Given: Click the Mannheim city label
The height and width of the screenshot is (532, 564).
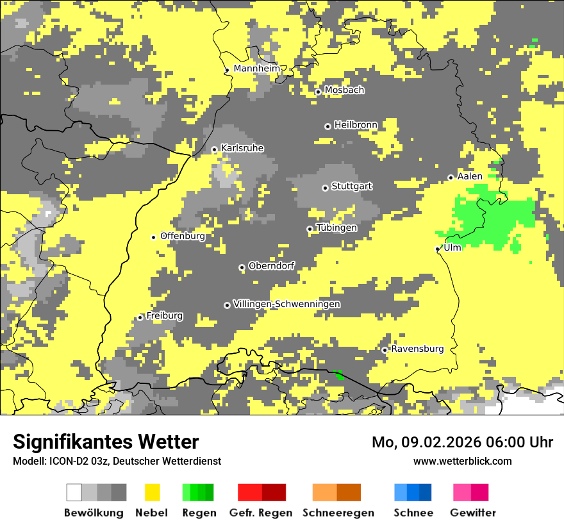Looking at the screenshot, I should click(257, 69).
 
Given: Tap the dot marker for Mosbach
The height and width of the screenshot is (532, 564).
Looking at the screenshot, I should click(318, 92).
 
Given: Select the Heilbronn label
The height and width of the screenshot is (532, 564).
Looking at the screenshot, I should click(356, 125).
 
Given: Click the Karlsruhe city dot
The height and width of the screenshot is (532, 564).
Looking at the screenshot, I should click(215, 150).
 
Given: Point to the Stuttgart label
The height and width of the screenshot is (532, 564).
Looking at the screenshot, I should click(352, 187).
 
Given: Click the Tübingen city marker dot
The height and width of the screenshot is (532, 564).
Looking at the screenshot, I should click(310, 229).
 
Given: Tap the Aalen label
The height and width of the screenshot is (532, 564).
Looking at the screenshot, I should click(470, 176).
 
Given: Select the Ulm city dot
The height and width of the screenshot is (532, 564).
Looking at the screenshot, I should click(438, 249).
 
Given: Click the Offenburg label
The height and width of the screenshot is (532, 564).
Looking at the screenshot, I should click(183, 236).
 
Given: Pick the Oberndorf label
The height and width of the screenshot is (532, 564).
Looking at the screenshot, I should click(272, 266).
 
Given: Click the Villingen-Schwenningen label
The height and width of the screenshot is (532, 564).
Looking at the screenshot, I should click(286, 304).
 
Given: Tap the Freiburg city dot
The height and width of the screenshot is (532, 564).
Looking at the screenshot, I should click(140, 317).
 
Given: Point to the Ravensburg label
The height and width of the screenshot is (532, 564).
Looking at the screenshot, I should click(417, 349).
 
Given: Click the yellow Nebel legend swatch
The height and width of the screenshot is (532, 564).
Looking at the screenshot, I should click(153, 492).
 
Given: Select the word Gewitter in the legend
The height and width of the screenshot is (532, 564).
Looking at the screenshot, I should click(473, 513).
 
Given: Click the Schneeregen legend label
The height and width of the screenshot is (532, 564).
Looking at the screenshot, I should click(338, 513).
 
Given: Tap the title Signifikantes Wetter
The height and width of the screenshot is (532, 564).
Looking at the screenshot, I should click(106, 442).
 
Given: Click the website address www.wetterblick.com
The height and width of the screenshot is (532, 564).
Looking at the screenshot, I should click(462, 461).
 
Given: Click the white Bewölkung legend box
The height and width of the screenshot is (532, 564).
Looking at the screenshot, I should click(74, 492).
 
